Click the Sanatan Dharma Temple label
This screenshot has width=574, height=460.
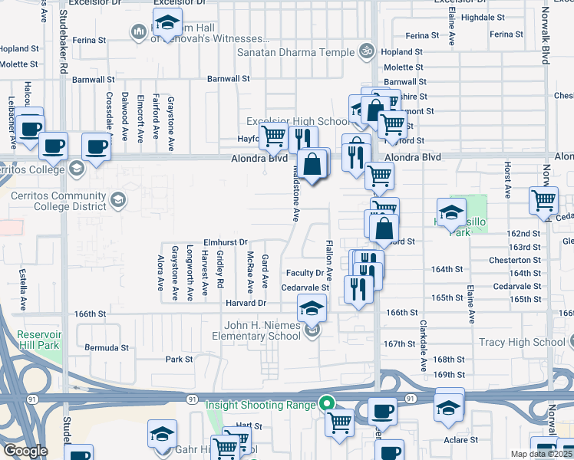pos(295,52)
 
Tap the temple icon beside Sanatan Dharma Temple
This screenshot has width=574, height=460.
pos(367,52)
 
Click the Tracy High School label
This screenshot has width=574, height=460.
pos(521,342)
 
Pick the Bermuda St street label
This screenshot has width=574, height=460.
pos(107,347)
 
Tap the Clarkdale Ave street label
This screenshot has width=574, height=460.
pos(423,347)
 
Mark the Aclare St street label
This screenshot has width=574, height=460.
pos(460,440)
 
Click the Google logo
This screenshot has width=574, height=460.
pos(25,451)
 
